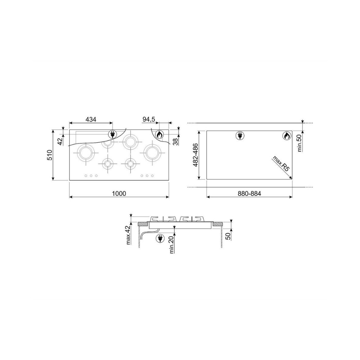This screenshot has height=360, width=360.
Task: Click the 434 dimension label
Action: pyautogui.click(x=91, y=120)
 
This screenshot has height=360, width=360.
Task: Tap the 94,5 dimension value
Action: pyautogui.click(x=149, y=120)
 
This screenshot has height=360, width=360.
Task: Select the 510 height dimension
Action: pyautogui.click(x=50, y=155)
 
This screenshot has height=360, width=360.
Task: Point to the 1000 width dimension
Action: pyautogui.click(x=119, y=194)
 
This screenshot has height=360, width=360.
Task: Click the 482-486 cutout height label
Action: pyautogui.click(x=195, y=155)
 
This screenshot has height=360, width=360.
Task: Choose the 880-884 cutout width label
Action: pyautogui.click(x=249, y=194)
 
